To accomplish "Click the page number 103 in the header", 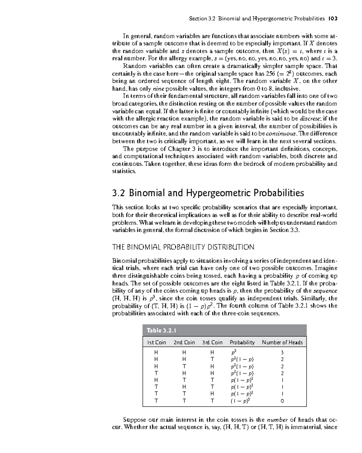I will click(333, 18).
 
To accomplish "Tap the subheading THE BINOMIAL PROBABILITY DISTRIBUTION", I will click(183, 247).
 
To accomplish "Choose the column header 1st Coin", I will click(156, 342).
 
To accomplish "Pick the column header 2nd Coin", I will click(184, 342).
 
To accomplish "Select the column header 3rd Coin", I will click(212, 342).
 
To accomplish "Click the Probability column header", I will click(242, 342).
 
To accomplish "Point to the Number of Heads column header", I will click(282, 342).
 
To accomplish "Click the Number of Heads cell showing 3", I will click(282, 352).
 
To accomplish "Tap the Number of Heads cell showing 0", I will click(282, 401).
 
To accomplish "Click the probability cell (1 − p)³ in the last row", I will click(240, 401).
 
